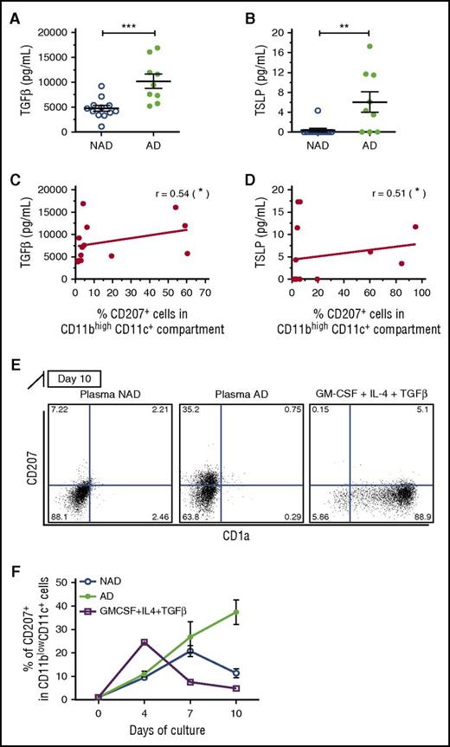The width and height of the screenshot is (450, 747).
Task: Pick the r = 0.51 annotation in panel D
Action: click(385, 188)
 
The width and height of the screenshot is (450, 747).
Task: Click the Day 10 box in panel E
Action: click(80, 378)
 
